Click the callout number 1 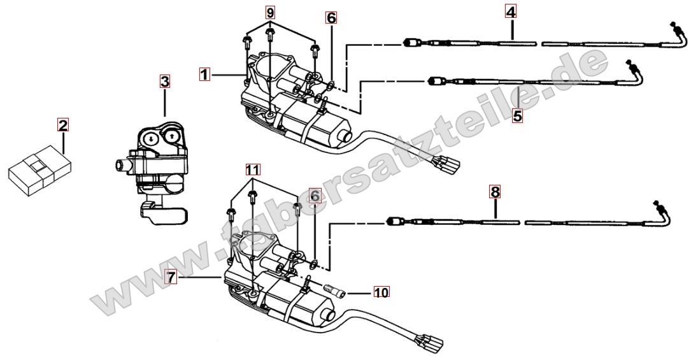pos(204,75)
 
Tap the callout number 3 pos(164,81)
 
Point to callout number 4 pos(511,11)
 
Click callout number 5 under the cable pos(517,116)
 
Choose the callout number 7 pos(169,277)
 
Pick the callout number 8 pos(495,190)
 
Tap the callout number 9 pos(271,13)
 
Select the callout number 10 pos(381,292)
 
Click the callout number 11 pos(253,169)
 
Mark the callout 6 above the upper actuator pos(331,18)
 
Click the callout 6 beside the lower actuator pos(314,194)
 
